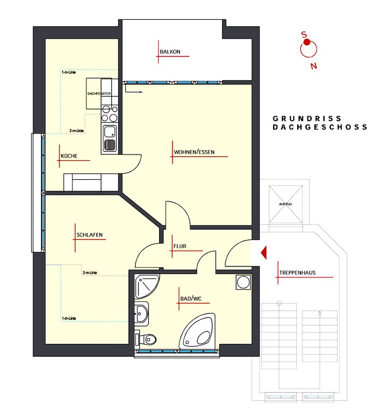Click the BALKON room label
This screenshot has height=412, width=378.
(x=170, y=52)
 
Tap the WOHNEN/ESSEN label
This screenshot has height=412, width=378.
(x=194, y=152)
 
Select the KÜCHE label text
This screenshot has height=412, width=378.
(x=69, y=156)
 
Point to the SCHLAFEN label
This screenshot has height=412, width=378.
(x=89, y=235)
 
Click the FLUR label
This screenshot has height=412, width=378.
(x=180, y=246)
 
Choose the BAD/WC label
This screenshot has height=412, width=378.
(x=191, y=299)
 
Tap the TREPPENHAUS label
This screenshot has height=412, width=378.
(x=297, y=273)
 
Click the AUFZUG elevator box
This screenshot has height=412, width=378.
(x=286, y=204)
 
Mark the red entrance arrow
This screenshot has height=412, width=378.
(x=264, y=253)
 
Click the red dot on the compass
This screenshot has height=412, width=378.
(x=307, y=42)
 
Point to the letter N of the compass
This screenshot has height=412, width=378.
(x=313, y=66)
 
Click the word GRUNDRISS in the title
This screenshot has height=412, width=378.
(x=307, y=119)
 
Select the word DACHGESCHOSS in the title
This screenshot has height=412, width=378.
(x=319, y=127)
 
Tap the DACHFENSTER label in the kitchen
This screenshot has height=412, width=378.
(x=99, y=94)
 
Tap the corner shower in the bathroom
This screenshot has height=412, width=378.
(x=146, y=287)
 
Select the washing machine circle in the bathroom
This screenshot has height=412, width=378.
(x=244, y=283)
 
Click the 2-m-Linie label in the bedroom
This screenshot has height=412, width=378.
(x=89, y=273)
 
